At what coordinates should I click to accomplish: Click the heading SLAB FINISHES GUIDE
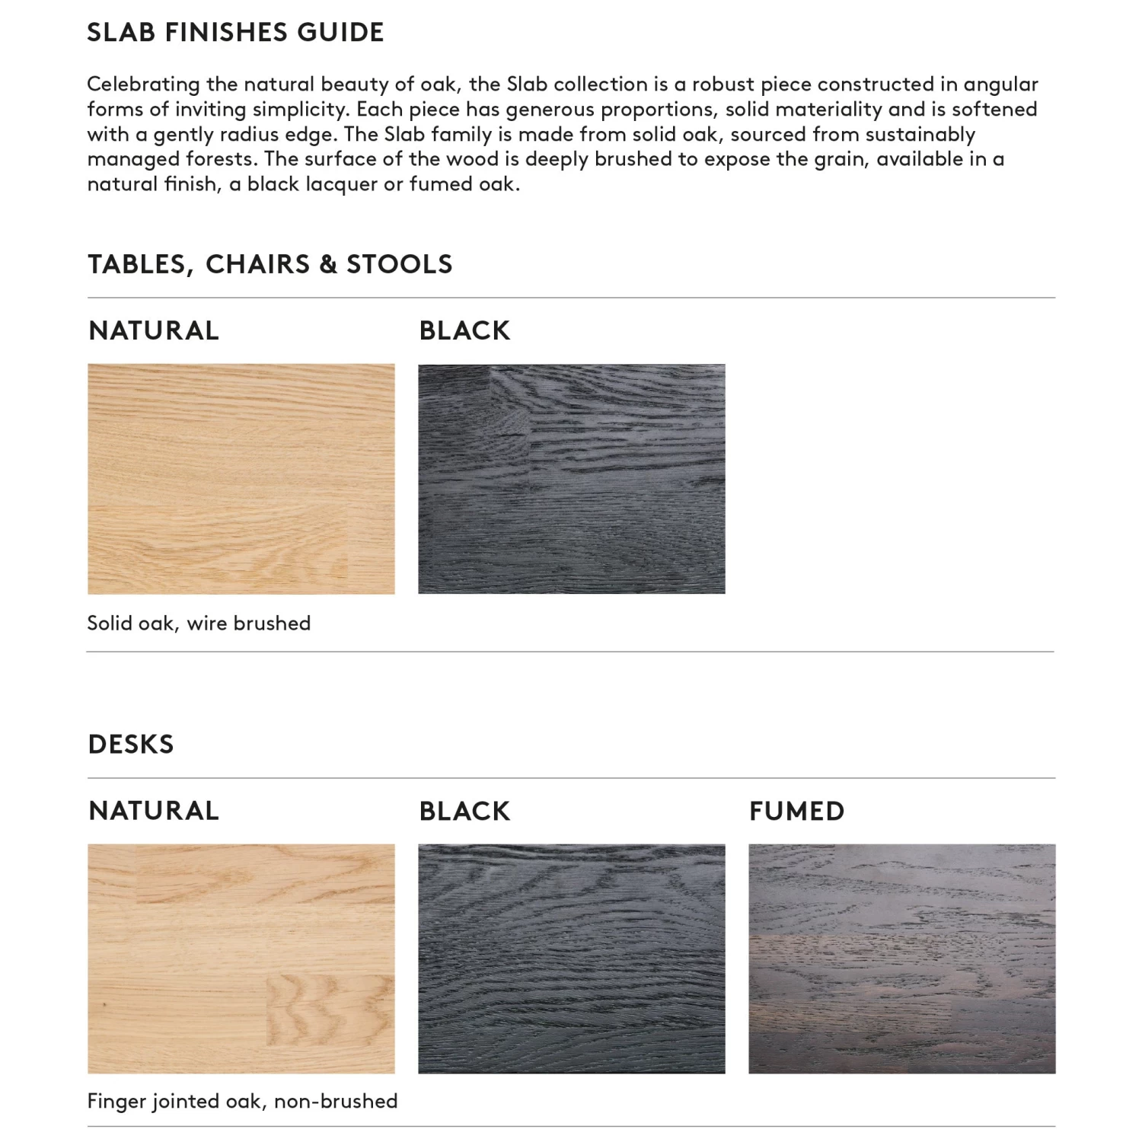235,33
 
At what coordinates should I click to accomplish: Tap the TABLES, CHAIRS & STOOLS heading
270,264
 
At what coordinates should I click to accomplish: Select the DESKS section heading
131,744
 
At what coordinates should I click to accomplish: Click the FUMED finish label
796,811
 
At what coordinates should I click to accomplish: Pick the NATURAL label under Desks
154,811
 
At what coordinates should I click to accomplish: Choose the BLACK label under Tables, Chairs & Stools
464,330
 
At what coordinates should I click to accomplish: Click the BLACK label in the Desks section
464,811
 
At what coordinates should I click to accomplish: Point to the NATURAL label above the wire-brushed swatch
154,330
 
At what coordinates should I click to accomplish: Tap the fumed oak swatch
901,959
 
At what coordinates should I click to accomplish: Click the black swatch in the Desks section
571,959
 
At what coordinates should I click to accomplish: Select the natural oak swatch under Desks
241,959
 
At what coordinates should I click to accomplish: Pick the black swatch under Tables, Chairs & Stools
571,479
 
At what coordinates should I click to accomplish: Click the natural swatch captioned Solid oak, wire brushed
241,479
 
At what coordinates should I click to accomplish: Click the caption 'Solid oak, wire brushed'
199,624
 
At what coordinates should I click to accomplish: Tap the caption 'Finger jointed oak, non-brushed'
242,1102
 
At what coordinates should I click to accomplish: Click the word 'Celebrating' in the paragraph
143,85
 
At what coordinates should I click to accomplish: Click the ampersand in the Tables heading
328,264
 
